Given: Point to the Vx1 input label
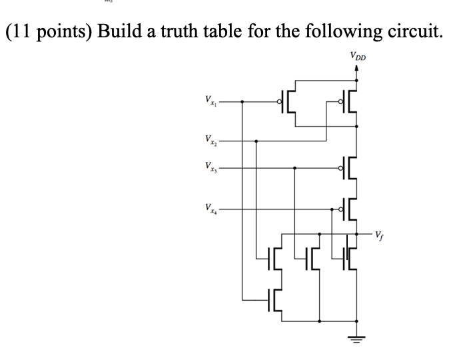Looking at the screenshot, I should coord(209,101).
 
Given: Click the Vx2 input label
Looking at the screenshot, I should coord(209,141).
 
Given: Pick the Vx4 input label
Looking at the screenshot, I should coord(209,209).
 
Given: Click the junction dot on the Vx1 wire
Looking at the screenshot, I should coord(241,102).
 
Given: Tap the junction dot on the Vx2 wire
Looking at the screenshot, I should coord(256,141).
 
